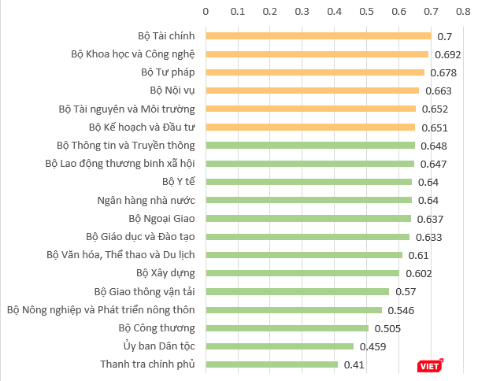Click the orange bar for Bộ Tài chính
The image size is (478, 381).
coord(318,36)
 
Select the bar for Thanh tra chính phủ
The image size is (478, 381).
coord(272,364)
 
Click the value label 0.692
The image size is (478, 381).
coord(447,55)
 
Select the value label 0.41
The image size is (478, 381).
coord(353,364)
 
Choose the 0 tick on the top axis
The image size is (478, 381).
coord(206,12)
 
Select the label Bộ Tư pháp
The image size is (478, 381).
coord(172,72)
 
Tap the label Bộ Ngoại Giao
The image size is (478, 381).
coord(161,218)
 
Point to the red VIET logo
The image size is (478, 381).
coord(430,364)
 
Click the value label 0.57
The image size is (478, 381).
coord(406,292)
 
